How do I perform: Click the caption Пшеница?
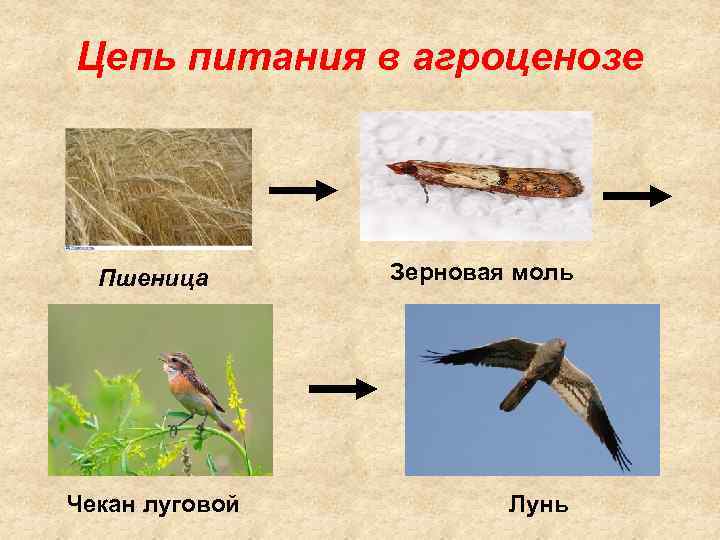point(154,278)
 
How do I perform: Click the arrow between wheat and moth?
point(305,189)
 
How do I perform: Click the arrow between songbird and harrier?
point(342,389)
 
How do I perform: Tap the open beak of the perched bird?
point(162,356)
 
